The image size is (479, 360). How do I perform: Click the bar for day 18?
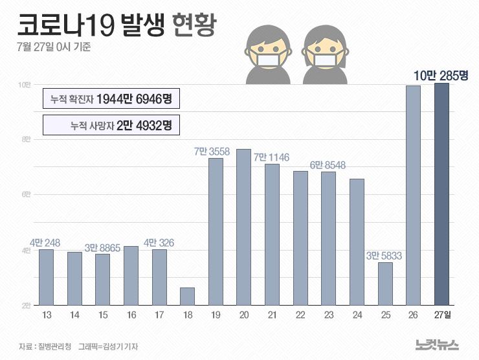click(187, 296)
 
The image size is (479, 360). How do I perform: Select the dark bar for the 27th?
click(441, 194)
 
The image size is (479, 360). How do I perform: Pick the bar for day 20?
click(243, 227)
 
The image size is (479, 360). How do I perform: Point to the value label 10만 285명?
click(440, 76)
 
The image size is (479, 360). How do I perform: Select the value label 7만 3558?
click(216, 152)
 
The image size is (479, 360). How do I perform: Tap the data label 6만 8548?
click(328, 165)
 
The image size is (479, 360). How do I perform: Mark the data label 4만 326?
click(159, 243)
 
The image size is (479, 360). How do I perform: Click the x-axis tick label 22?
click(300, 315)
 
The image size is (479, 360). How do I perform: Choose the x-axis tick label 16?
click(131, 315)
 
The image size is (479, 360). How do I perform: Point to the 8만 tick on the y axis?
click(25, 139)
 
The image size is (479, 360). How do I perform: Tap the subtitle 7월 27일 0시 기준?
click(54, 47)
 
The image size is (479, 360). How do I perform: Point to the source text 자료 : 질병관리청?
click(45, 346)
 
